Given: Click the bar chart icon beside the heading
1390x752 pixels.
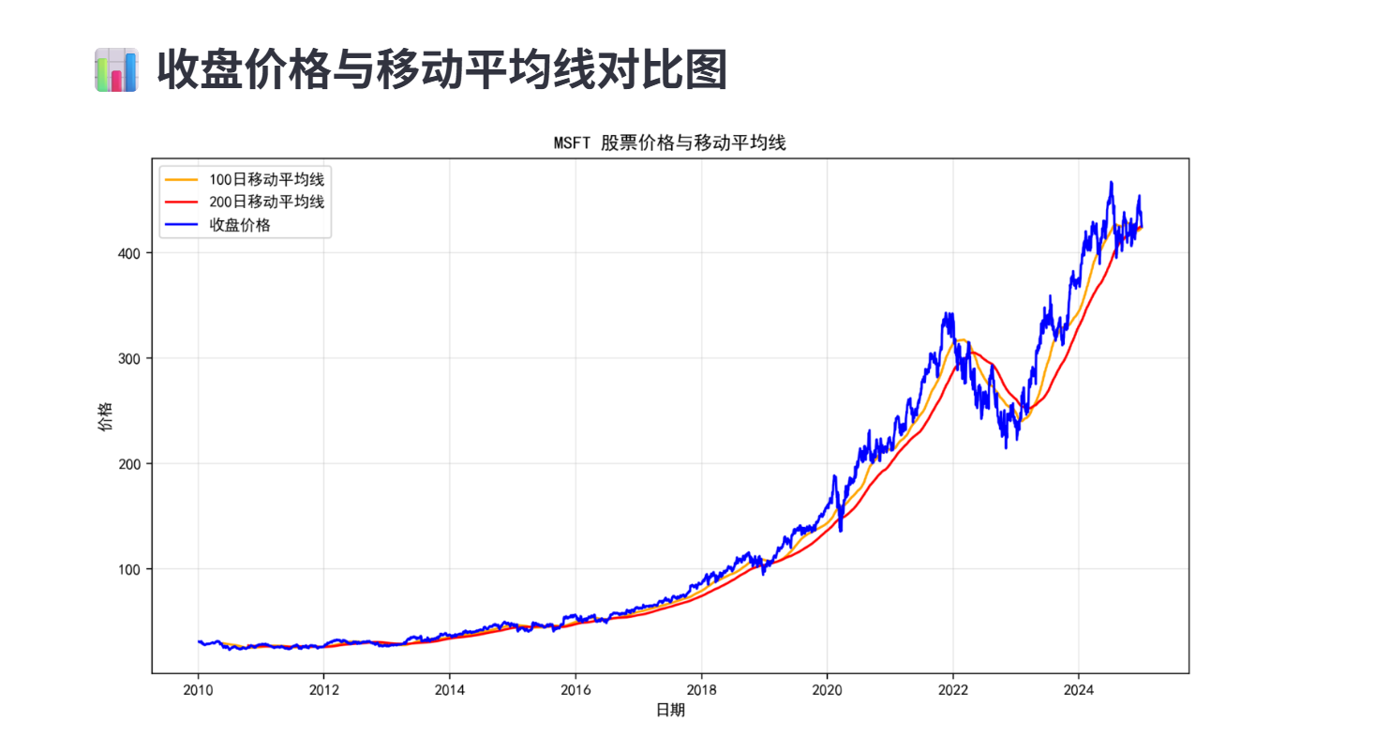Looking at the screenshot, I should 116,70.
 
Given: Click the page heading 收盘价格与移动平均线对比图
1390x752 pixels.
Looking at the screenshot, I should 441,70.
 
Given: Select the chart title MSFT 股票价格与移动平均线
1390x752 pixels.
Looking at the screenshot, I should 669,143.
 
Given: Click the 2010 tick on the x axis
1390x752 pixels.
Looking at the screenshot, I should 198,689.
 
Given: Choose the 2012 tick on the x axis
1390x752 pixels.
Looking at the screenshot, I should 323,689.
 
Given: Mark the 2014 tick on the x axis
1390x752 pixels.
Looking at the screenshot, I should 449,689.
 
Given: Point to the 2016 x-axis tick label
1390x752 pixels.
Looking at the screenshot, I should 575,689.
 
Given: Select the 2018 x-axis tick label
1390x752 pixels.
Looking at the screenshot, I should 701,689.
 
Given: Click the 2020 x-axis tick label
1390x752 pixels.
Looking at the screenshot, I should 827,689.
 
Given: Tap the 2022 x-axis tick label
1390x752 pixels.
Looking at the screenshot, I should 953,689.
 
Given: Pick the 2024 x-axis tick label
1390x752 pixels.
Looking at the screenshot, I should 1079,689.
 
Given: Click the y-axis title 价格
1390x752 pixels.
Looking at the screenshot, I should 104,416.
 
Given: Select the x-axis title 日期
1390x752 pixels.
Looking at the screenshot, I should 669,711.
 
